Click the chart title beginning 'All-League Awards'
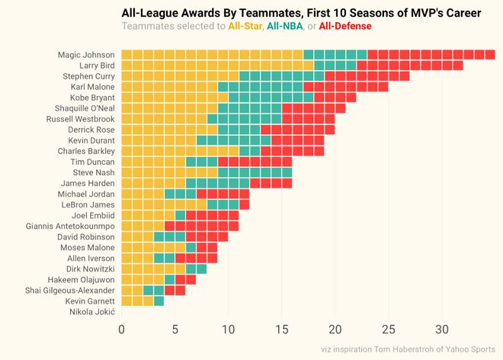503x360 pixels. (x=301, y=13)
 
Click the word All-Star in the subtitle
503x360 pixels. (x=245, y=27)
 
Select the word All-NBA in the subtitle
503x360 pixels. (x=284, y=27)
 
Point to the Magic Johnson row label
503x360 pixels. (x=85, y=55)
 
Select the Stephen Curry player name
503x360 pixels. (x=88, y=76)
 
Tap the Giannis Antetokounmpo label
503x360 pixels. (x=69, y=227)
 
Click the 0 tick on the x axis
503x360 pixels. (x=121, y=329)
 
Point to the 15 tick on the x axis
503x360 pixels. (x=282, y=329)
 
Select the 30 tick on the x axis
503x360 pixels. (x=442, y=329)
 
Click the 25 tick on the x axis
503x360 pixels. (x=389, y=329)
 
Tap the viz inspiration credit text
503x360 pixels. (x=408, y=349)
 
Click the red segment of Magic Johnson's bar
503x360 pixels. (x=431, y=55)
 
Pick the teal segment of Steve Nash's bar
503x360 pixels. (x=255, y=173)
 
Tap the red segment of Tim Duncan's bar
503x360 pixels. (x=255, y=162)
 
